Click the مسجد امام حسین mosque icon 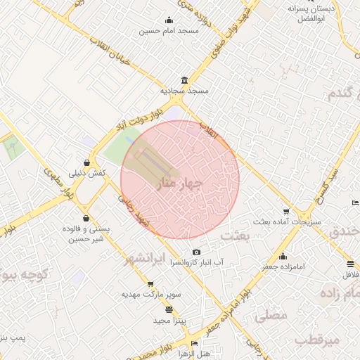click(x=169, y=20)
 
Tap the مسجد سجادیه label click(x=184, y=91)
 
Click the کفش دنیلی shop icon click(x=86, y=161)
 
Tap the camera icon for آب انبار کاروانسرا click(x=196, y=252)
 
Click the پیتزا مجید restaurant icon click(x=169, y=309)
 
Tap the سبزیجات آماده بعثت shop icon click(x=285, y=211)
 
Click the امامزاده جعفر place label click(x=283, y=268)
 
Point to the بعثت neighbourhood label click(x=235, y=236)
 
